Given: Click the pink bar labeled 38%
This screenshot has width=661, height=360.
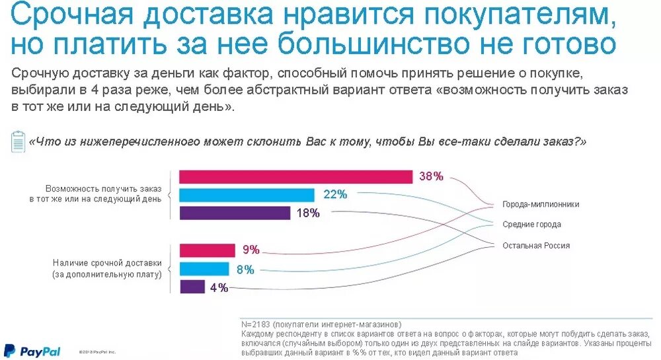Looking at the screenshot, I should tap(295, 177).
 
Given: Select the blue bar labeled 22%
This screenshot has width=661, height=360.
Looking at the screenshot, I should tap(247, 195).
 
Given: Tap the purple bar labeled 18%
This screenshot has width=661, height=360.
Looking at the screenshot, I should tap(235, 213).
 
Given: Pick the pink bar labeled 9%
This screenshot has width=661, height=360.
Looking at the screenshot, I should tap(208, 250).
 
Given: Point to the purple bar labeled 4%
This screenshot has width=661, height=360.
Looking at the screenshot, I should tap(192, 287).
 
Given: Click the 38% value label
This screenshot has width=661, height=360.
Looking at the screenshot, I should tap(431, 176).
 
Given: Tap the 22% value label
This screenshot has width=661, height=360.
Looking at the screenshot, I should tap(335, 194).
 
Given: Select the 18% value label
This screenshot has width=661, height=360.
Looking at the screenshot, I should tap(308, 213).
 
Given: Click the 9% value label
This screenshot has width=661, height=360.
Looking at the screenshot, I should tap(251, 250).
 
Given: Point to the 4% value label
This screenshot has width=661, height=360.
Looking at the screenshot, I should tap(219, 287).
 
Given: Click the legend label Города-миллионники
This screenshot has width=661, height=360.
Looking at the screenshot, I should tap(540, 204).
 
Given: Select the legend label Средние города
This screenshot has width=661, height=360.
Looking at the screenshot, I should tap(531, 225).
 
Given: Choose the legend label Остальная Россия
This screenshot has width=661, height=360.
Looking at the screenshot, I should tap(535, 246).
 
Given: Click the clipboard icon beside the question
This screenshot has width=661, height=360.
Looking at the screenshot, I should tap(18, 141).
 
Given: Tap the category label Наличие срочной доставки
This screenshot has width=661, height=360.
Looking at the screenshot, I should tap(107, 263).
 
